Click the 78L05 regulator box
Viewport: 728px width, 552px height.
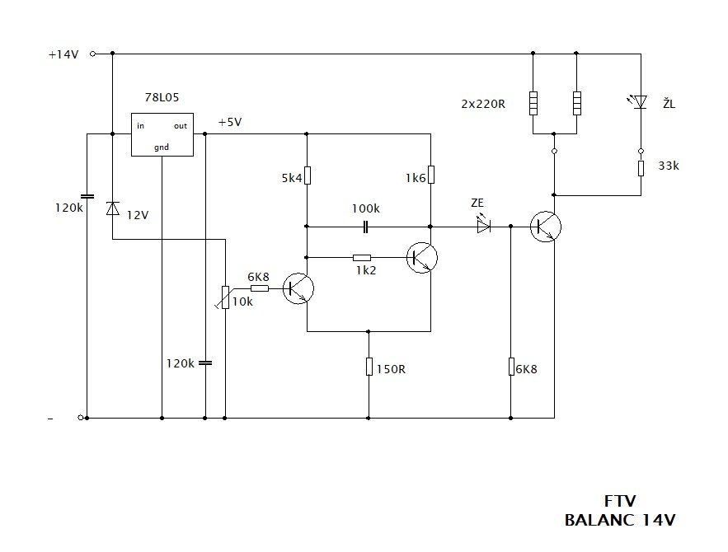162,134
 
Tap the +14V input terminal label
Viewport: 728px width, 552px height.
63,54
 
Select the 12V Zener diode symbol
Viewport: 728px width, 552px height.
112,208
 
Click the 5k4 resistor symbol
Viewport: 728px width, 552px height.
307,175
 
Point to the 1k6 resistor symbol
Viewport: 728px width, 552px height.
431,175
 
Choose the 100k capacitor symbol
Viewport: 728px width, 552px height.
365,227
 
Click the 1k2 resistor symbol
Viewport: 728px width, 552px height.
362,257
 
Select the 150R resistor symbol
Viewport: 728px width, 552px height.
369,367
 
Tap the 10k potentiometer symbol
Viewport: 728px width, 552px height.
225,297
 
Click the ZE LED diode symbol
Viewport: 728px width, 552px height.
484,226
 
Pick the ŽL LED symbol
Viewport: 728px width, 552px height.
640,101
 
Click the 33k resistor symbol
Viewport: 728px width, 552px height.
641,168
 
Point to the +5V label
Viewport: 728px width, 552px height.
230,123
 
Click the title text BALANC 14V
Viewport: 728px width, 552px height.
620,520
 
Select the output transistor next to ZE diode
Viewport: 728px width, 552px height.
546,227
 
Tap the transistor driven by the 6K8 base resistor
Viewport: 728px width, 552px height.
298,288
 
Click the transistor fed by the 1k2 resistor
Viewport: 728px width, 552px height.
422,257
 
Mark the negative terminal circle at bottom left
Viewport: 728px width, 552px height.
80,418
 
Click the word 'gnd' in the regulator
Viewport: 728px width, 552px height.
162,147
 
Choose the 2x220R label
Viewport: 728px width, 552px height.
483,104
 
